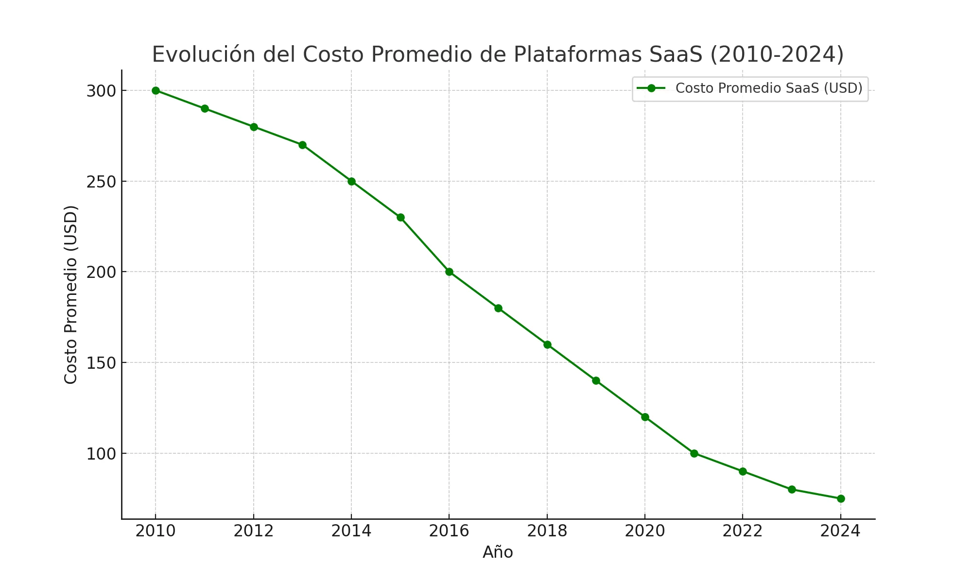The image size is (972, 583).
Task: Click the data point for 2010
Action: click(x=156, y=90)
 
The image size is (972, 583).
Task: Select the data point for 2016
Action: click(x=449, y=272)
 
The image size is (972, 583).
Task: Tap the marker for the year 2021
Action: click(x=694, y=453)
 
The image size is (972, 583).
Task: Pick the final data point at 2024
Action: click(x=841, y=498)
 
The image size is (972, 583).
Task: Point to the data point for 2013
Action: click(x=302, y=145)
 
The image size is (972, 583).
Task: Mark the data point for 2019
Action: click(x=596, y=380)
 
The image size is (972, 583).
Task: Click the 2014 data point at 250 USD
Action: click(x=351, y=181)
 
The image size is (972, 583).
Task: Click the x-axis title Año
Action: click(x=498, y=552)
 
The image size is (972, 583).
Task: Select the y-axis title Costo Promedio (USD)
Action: click(x=71, y=294)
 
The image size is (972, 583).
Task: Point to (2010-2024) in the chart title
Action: click(x=777, y=54)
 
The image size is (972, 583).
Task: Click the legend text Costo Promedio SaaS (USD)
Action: click(x=769, y=88)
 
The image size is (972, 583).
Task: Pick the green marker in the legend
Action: click(x=651, y=88)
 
